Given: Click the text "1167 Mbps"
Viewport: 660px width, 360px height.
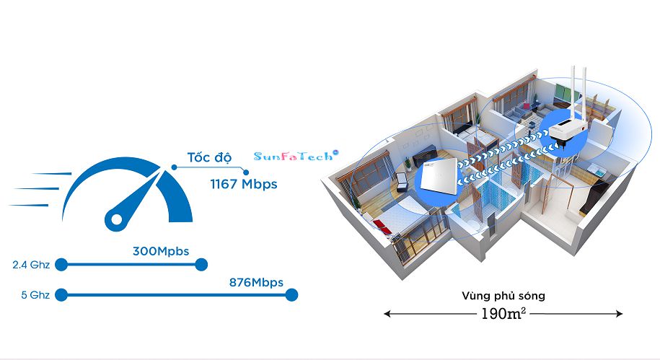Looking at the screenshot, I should click(243, 184).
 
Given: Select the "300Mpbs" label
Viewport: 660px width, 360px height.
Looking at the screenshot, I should click(160, 251).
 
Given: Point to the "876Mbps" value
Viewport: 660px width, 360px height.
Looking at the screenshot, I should click(255, 281).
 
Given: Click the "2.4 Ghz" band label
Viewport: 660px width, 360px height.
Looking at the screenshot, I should click(31, 265).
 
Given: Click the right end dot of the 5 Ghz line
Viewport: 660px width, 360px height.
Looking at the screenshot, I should click(291, 294).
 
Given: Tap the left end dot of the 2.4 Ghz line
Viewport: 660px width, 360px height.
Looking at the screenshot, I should click(61, 265).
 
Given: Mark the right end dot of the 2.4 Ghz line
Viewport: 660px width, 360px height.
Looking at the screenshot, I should click(201, 265).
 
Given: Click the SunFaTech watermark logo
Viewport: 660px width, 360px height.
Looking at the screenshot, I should click(295, 155).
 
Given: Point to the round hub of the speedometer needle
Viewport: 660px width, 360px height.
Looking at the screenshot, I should click(115, 217).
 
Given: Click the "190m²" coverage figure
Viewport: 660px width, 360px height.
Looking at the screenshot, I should click(503, 314).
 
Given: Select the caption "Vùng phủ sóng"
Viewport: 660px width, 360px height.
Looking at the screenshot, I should click(503, 296).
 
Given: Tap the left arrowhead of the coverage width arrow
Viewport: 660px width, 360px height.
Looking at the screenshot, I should click(387, 314).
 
